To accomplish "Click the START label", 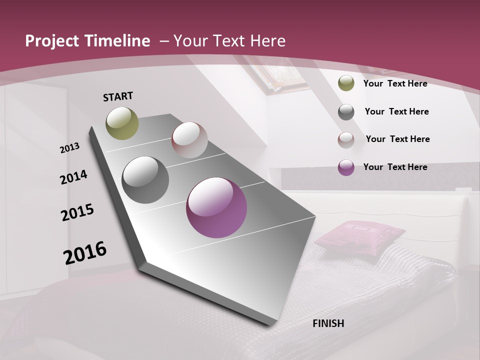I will [118, 96].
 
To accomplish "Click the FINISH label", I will [328, 323].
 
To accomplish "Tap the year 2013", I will [70, 148].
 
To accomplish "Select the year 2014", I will [74, 177].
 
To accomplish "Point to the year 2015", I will [77, 212].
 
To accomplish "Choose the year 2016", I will [85, 252].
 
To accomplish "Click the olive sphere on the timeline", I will [122, 123].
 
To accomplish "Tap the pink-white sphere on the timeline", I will [189, 139].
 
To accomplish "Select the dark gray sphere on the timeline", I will [145, 180].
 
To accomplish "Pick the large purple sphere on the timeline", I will [216, 207].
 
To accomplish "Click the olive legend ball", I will [346, 83].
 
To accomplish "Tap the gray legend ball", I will [346, 112].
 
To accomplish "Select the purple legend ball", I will [346, 167].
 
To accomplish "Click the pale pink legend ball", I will [346, 140].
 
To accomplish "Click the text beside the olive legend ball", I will [395, 83].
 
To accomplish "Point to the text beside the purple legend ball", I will [395, 167].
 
